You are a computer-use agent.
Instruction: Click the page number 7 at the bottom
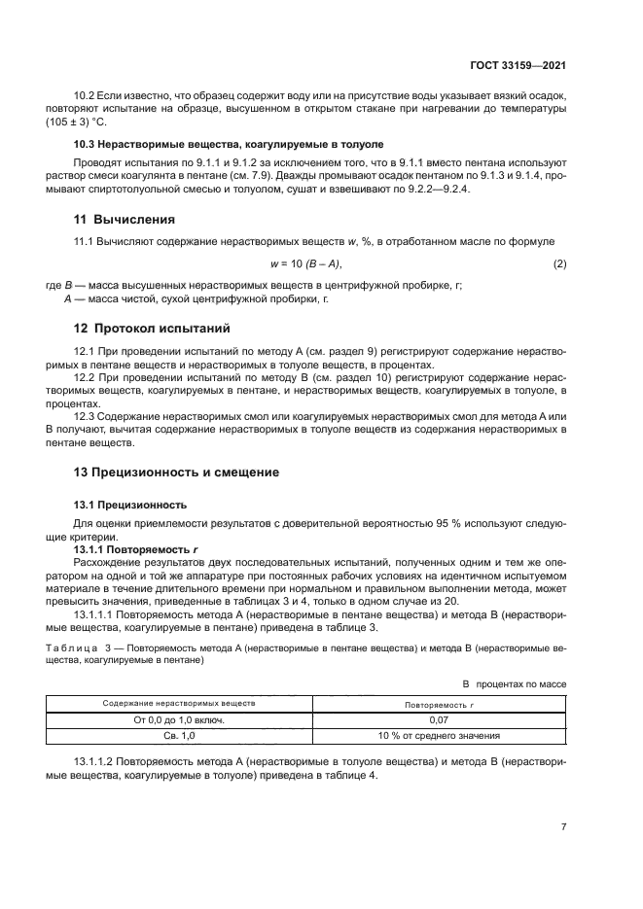click(563, 827)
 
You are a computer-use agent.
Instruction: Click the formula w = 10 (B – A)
click(305, 263)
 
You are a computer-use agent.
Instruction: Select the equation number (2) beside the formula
click(559, 263)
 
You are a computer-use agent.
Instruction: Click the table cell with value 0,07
click(440, 718)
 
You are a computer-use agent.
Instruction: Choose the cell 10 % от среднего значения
click(440, 735)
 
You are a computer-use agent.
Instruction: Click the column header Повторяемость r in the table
click(440, 702)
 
